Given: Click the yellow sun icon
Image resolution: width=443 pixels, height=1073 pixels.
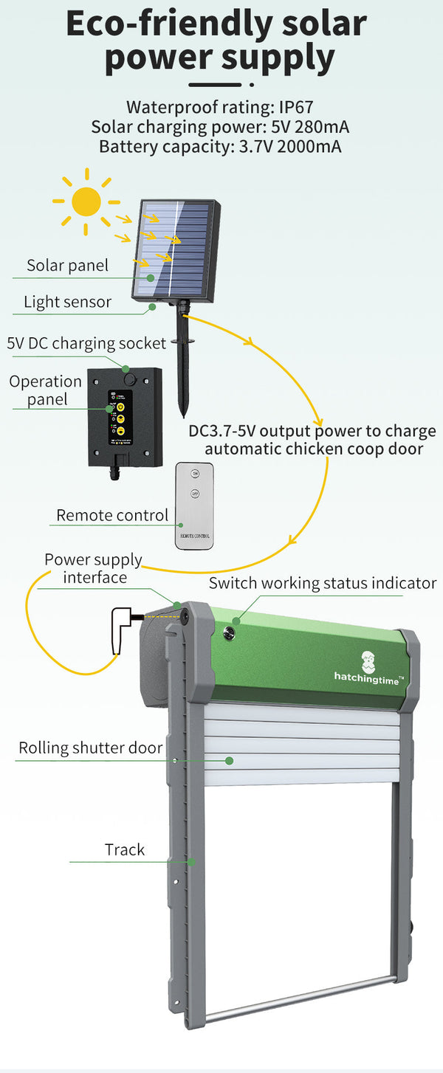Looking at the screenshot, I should click(86, 201).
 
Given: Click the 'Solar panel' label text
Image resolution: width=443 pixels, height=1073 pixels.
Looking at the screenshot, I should click(67, 266).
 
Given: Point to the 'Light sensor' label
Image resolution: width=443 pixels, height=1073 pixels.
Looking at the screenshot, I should click(67, 302).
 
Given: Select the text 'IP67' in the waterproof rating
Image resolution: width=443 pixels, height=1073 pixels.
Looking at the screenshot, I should click(296, 108).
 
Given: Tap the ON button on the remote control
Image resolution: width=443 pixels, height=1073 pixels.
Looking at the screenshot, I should click(195, 474).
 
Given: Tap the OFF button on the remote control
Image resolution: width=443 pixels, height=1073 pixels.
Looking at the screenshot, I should click(195, 494).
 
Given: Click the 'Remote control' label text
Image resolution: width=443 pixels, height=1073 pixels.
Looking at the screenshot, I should click(112, 515).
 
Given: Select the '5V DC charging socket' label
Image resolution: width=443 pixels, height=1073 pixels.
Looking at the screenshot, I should click(86, 343).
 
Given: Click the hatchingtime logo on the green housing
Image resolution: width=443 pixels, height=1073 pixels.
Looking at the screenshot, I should click(368, 668).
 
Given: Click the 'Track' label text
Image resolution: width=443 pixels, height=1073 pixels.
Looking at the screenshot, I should click(125, 849).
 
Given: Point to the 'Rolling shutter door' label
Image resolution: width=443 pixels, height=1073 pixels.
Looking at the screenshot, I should click(90, 748).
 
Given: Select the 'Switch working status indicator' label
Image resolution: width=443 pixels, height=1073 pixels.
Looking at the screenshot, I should click(322, 583).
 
